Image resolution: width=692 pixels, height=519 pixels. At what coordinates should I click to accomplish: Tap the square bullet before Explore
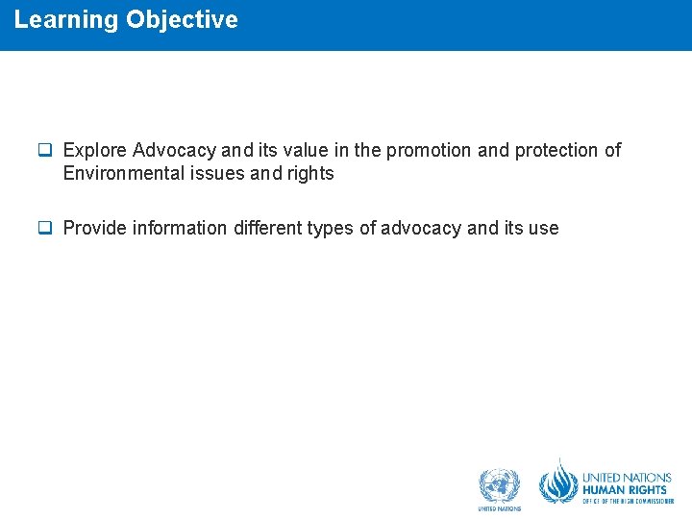coord(44,150)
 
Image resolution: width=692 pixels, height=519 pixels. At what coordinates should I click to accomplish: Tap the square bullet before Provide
coord(44,228)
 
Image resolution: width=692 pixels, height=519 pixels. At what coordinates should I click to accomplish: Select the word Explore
coord(95,151)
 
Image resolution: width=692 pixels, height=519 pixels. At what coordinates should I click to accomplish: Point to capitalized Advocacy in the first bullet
coord(175,151)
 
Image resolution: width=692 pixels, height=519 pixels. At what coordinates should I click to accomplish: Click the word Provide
coord(95,229)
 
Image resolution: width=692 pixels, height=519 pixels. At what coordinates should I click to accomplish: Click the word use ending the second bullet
coord(542,229)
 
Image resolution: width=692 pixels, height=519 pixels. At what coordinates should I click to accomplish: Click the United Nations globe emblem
coord(499,484)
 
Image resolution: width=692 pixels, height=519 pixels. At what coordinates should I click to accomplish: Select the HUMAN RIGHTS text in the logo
coord(625,490)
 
